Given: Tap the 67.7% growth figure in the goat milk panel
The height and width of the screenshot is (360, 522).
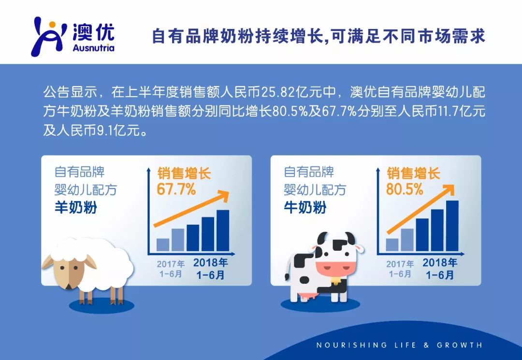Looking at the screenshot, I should [x=176, y=189].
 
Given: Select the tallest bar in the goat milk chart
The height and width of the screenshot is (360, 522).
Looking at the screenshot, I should [x=223, y=230].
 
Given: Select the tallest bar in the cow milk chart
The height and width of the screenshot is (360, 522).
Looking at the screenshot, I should [x=452, y=226].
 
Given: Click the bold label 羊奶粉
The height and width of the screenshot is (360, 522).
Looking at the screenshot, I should [x=75, y=208].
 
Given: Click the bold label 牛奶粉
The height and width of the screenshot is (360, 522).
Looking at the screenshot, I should [x=305, y=208].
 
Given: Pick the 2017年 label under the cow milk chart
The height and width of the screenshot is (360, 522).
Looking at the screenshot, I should [x=400, y=264].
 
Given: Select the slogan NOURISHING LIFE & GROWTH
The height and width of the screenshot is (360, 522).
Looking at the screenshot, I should [x=399, y=345].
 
